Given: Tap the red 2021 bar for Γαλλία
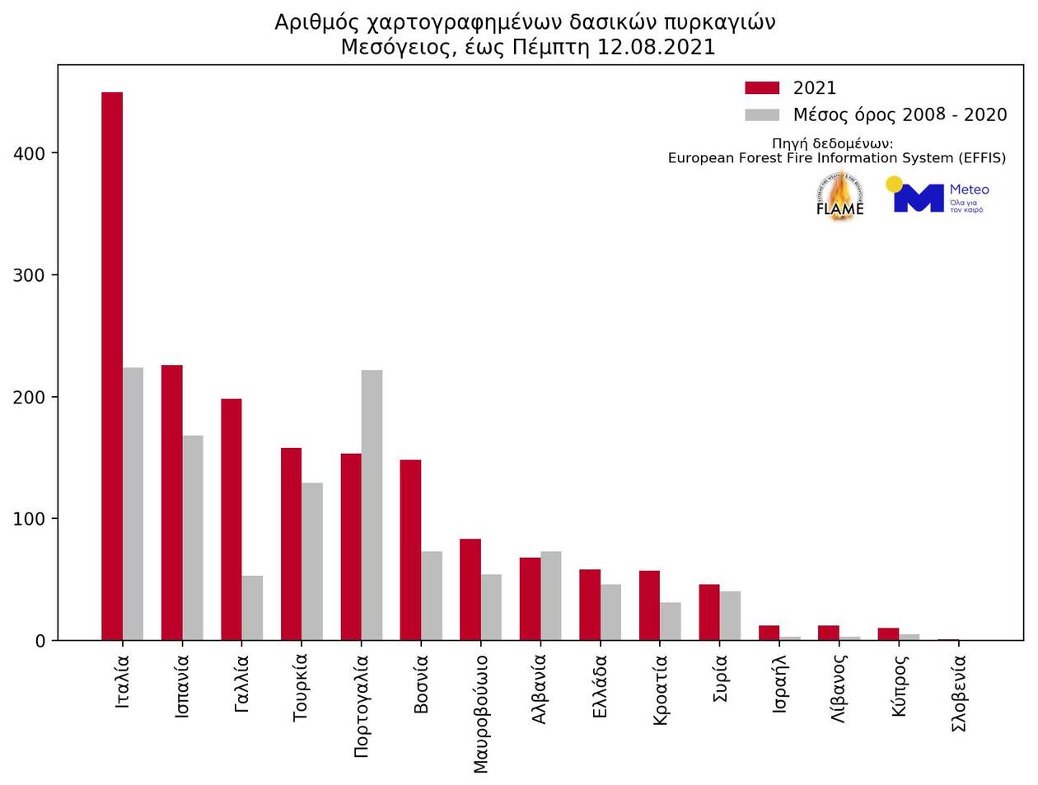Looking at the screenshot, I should click(231, 519).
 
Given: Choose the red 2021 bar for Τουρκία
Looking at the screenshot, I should click(292, 544).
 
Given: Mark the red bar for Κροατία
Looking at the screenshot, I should click(649, 605).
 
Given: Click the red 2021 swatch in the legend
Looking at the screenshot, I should click(762, 88).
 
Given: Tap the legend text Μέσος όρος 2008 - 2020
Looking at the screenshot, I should click(900, 114).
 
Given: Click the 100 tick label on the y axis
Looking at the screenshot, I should click(30, 519).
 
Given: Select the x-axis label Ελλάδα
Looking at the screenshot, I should click(600, 685).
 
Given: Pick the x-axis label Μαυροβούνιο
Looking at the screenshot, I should click(481, 713).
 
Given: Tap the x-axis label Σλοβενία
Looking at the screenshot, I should click(959, 693).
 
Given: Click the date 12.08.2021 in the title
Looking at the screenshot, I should click(656, 47).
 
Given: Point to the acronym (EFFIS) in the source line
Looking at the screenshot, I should click(982, 158).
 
